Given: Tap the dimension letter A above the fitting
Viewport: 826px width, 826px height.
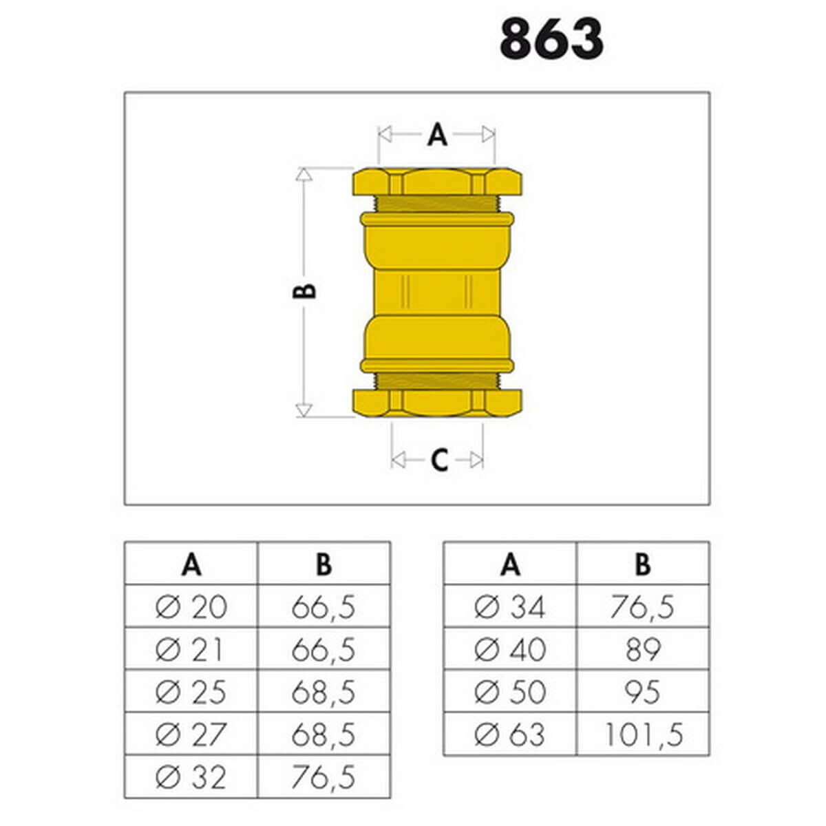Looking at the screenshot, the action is [x=437, y=134].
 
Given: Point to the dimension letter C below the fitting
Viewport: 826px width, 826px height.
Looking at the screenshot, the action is [x=439, y=460].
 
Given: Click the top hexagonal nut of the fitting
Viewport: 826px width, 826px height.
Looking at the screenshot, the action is [x=437, y=182].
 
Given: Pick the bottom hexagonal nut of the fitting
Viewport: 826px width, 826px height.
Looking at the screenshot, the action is [x=437, y=403].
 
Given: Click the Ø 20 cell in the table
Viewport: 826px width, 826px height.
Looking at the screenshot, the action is [x=191, y=607].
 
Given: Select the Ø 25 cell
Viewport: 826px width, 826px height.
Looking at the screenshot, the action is [x=191, y=692].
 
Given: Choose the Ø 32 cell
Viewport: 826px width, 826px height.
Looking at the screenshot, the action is [x=191, y=777].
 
